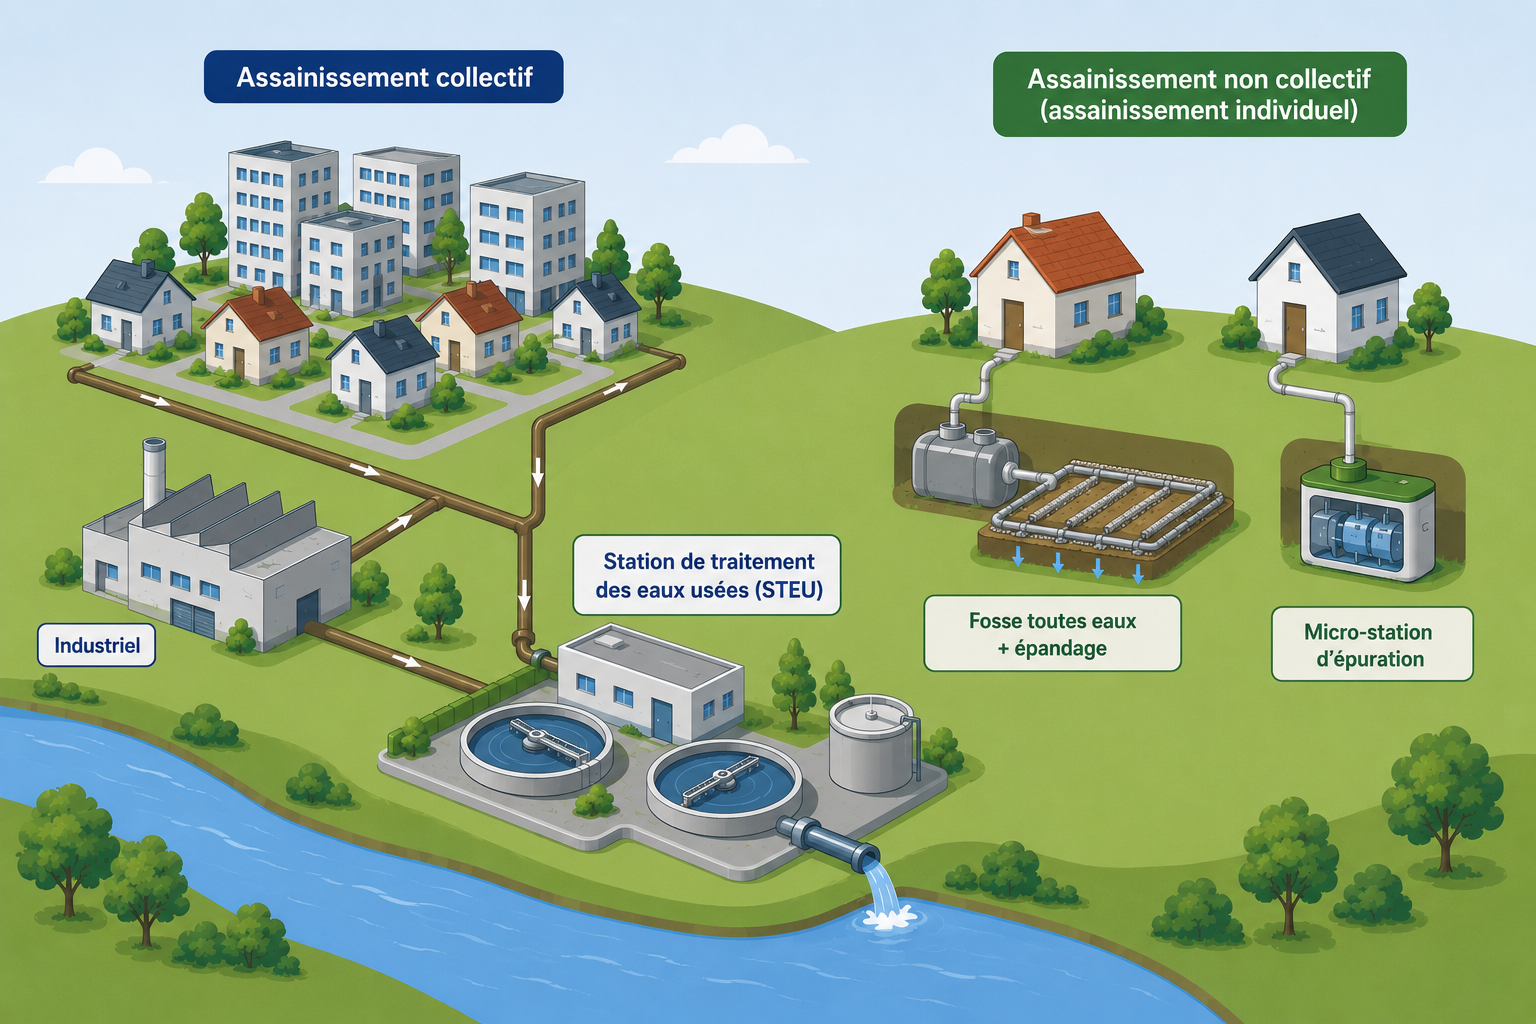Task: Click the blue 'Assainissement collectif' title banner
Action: tap(383, 77)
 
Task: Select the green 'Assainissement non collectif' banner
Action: tap(1199, 95)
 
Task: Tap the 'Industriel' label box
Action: tap(97, 645)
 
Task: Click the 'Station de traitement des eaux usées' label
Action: tap(707, 575)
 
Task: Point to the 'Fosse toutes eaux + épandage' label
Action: tap(1052, 634)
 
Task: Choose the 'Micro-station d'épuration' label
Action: tap(1372, 645)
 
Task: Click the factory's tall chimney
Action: tap(153, 472)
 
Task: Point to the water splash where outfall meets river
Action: tap(889, 916)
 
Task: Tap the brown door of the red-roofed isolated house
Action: tap(1013, 324)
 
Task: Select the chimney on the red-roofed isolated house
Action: tap(1031, 221)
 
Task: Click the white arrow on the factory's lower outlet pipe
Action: tap(407, 660)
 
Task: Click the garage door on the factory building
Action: tap(193, 618)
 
